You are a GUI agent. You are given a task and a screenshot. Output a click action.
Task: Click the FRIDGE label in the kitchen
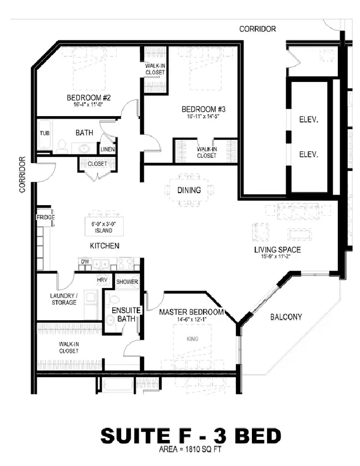tap(45, 217)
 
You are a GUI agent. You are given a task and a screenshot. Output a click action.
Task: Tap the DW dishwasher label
tap(85, 262)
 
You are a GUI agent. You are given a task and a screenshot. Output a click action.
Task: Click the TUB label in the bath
tap(44, 133)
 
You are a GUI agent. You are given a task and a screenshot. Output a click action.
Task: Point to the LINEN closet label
tap(108, 149)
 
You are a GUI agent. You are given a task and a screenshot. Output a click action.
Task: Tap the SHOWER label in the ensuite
tap(127, 282)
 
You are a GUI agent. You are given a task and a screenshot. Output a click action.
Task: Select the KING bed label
tap(192, 339)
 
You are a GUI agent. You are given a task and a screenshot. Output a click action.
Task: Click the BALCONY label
tap(286, 317)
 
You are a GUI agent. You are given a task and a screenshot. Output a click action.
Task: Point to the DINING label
tap(189, 190)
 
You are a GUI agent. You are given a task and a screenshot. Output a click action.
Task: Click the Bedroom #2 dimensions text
tap(88, 105)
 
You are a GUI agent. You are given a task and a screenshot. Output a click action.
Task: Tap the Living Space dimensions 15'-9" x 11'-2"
tap(278, 256)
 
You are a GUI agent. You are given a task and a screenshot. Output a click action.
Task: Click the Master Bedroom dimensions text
tap(191, 320)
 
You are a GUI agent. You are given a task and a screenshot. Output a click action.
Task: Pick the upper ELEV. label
tap(308, 120)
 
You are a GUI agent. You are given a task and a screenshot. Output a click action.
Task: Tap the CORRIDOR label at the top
tap(257, 29)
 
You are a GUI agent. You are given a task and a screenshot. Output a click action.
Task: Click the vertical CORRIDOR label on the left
tap(22, 174)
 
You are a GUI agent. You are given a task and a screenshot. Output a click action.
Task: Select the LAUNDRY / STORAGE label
tap(63, 299)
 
